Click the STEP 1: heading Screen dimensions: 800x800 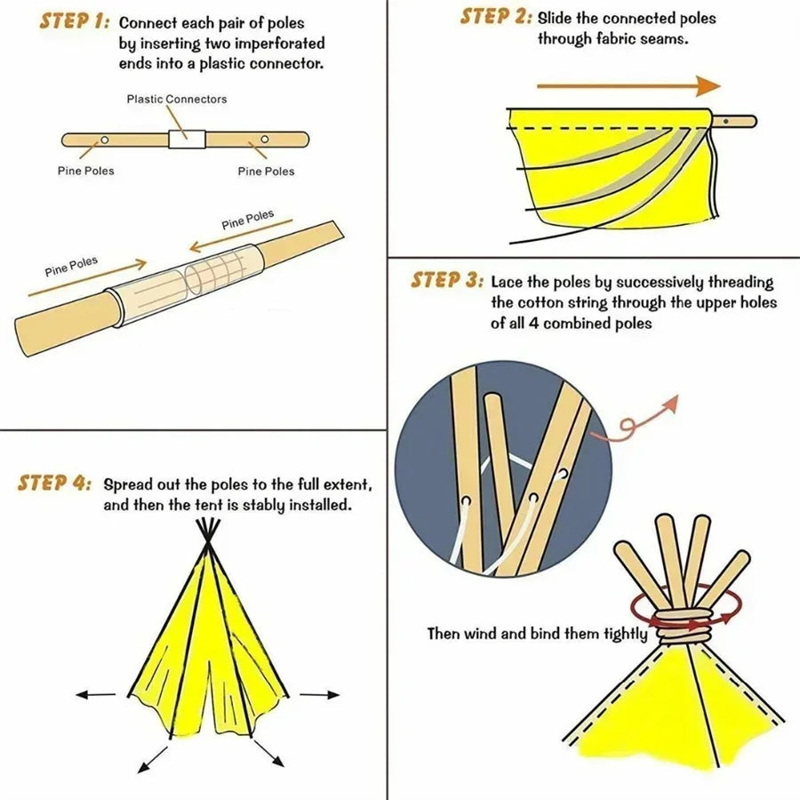[x=74, y=22]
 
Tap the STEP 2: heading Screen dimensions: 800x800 [x=496, y=17]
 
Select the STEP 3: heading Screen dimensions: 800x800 [x=446, y=281]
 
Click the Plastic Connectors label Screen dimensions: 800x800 [x=176, y=99]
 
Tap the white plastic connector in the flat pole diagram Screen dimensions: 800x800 [x=187, y=139]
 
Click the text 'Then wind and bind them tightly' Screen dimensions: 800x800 [x=540, y=634]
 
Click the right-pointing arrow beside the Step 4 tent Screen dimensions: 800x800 [x=319, y=694]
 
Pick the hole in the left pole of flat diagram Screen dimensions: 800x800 [x=104, y=140]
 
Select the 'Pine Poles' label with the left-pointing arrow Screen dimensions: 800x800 [x=248, y=220]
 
